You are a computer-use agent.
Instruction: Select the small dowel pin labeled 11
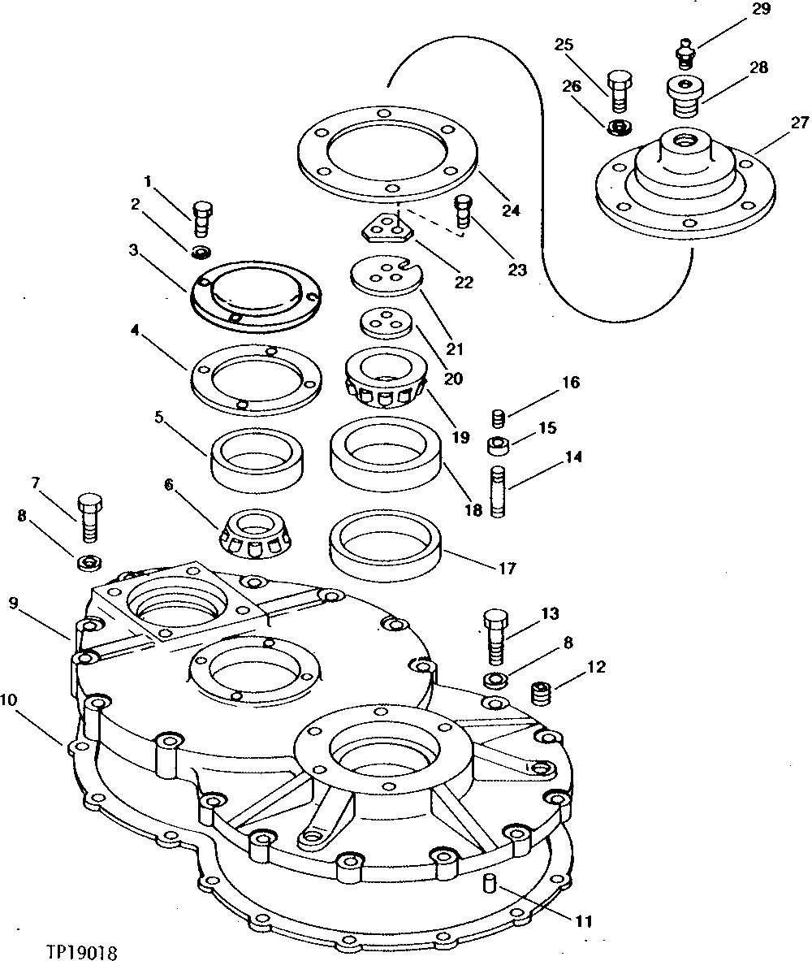489,884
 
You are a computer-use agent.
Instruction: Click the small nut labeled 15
498,445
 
